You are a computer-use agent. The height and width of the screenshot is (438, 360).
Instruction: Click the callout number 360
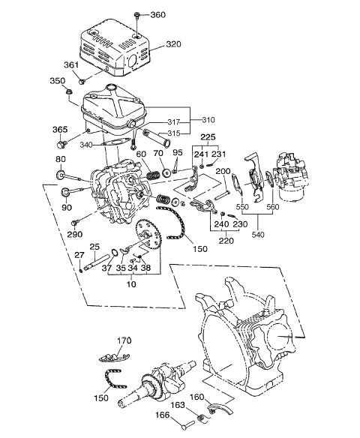point(158,15)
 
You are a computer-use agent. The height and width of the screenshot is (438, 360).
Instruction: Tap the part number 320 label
point(173,45)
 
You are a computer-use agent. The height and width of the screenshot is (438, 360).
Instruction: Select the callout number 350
point(58,81)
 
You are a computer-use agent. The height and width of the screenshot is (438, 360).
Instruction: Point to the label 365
point(60,129)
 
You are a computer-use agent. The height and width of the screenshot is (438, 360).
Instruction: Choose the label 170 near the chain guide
point(124,340)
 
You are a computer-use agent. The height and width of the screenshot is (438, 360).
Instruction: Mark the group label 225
point(209,137)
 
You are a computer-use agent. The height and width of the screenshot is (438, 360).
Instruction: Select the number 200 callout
point(223,171)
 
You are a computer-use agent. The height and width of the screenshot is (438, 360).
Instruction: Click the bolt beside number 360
point(138,15)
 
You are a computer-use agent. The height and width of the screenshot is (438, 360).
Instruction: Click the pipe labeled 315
point(149,139)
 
